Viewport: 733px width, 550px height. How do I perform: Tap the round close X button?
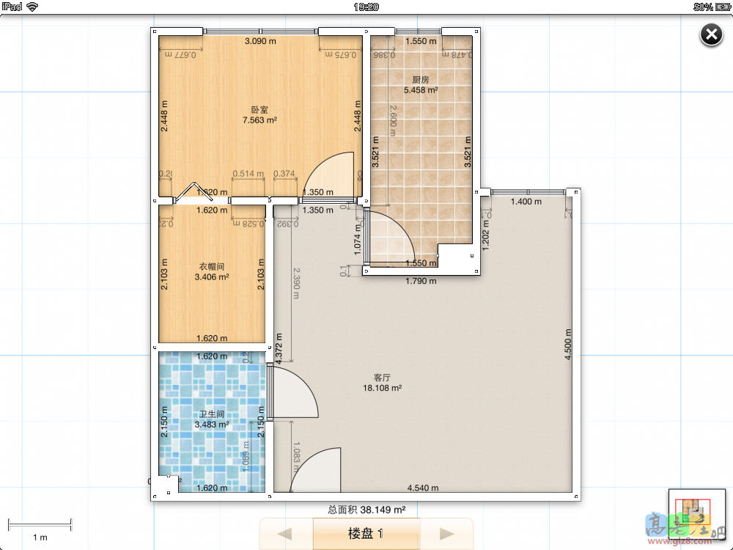pos(711,34)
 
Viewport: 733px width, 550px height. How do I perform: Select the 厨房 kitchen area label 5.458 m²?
pos(421,90)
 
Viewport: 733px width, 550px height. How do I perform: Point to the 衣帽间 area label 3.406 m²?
pos(212,277)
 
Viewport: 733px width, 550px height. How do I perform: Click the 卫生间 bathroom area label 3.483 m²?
pos(212,424)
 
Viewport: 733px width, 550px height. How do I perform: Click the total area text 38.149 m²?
pos(366,509)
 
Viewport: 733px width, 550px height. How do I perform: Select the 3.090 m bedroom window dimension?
pos(260,41)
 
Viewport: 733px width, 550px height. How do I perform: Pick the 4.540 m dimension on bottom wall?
pos(423,488)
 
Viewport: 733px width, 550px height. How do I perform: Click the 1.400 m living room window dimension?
pos(526,202)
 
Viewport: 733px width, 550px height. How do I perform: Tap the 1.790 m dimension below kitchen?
pos(421,281)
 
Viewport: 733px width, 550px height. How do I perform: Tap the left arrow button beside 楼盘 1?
pos(286,533)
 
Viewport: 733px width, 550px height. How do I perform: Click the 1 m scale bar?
pos(40,525)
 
